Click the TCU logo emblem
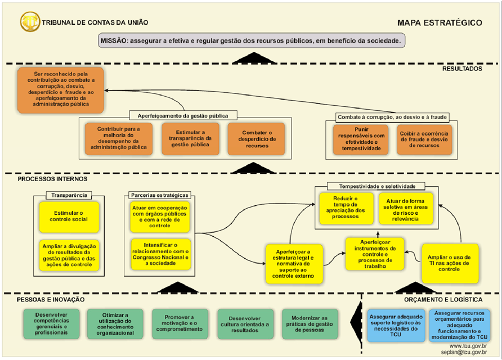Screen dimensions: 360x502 pos(30,22)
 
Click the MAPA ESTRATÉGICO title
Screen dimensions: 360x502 pos(440,23)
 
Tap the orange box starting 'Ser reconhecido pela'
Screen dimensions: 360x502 pos(61,90)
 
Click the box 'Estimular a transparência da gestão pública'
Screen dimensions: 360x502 pos(186,138)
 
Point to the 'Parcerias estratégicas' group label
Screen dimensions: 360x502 pos(160,195)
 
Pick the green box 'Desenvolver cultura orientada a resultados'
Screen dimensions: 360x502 pos(245,323)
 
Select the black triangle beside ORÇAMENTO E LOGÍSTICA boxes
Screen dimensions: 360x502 pos(357,323)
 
